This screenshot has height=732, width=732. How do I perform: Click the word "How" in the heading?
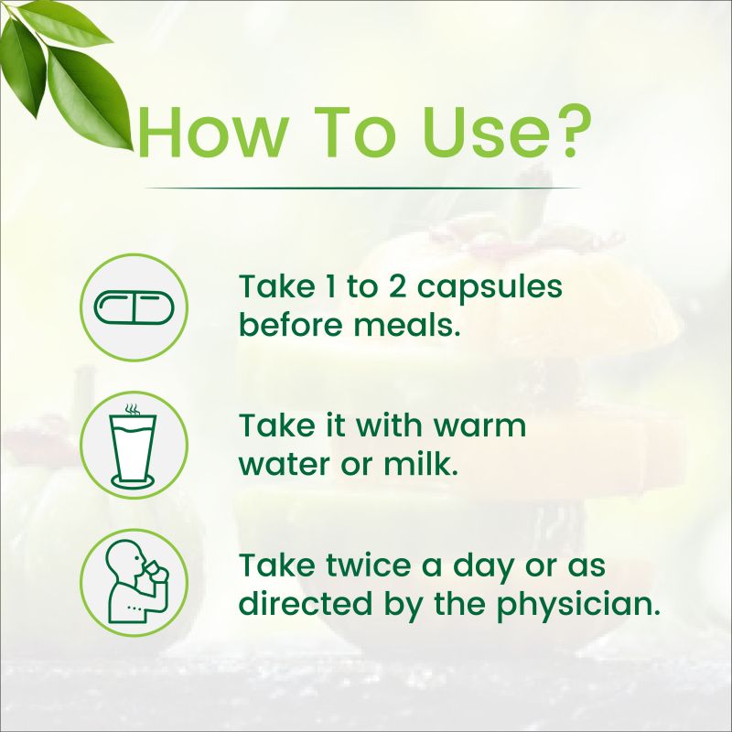[212, 133]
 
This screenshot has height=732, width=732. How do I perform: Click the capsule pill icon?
[134, 307]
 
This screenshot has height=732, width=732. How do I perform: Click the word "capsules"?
[490, 288]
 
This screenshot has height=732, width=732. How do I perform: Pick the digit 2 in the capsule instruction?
[397, 285]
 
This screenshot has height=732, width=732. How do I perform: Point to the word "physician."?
[578, 604]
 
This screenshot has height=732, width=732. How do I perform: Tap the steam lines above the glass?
[133, 410]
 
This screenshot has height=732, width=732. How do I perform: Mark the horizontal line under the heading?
[363, 188]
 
